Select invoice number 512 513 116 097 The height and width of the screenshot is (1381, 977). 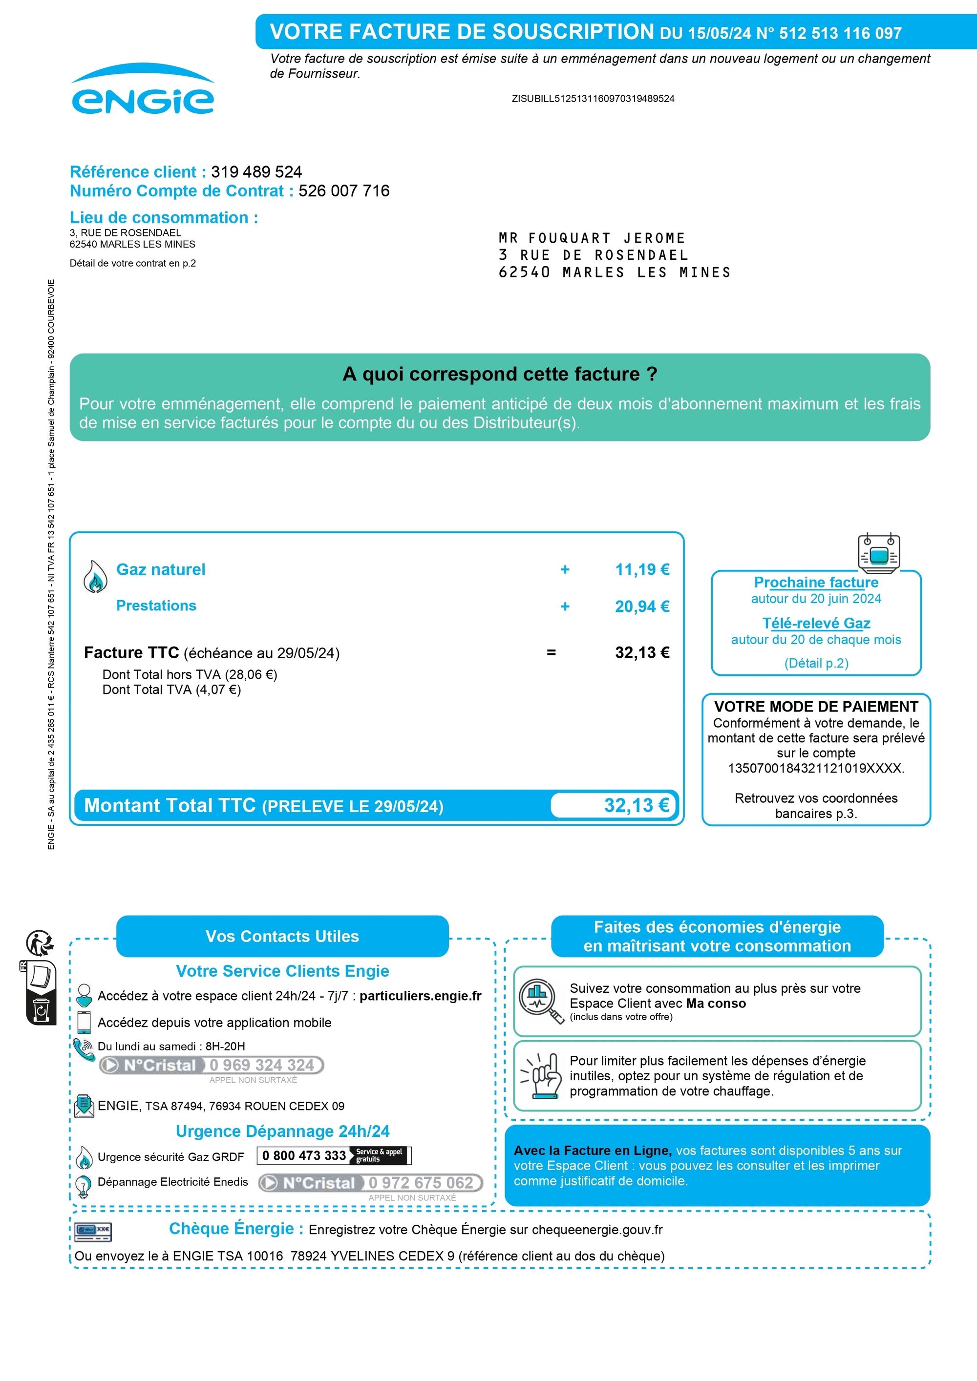(x=840, y=34)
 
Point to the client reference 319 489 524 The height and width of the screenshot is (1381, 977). (x=256, y=172)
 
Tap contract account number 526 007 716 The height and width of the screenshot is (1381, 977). (x=343, y=191)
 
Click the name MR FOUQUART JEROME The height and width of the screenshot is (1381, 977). (x=592, y=238)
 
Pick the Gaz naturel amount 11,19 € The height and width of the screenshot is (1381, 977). (x=641, y=569)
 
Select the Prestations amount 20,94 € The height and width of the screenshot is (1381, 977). (x=641, y=607)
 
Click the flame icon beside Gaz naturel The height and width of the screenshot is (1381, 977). (x=95, y=577)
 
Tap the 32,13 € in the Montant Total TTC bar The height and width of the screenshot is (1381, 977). (x=636, y=805)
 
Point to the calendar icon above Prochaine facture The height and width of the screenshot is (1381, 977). (x=879, y=553)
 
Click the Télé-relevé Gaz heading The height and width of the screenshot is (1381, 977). (x=816, y=623)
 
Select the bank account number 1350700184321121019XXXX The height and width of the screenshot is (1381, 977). (x=816, y=768)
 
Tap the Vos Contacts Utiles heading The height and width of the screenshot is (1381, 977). (x=282, y=937)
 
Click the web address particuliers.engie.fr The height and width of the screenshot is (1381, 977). (x=421, y=995)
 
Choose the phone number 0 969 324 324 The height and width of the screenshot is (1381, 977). (x=262, y=1065)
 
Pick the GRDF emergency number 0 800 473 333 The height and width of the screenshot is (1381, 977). (x=304, y=1155)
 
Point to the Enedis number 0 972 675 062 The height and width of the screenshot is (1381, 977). (x=421, y=1183)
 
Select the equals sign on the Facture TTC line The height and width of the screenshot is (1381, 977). (x=551, y=652)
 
